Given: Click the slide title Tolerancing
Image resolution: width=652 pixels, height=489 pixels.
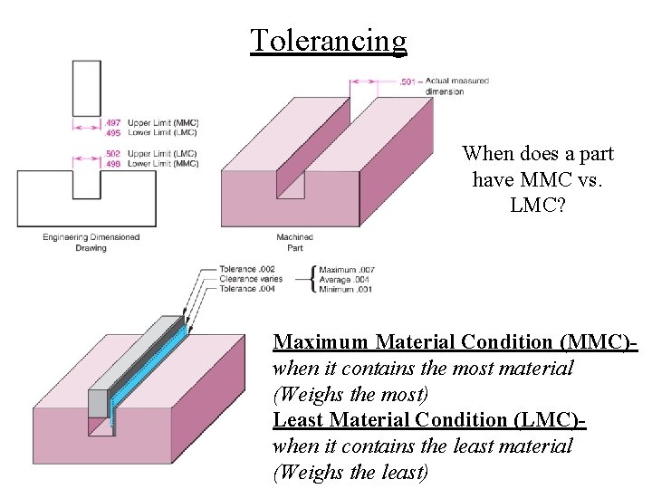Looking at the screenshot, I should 329,41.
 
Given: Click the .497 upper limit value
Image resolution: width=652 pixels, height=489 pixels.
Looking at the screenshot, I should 113,122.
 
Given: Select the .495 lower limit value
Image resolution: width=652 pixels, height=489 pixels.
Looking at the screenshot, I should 113,132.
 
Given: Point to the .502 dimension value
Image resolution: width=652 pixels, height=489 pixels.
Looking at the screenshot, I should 113,154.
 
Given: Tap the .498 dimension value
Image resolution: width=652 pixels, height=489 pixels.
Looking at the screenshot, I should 113,164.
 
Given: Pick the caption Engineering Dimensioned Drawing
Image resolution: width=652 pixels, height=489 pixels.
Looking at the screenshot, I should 91,242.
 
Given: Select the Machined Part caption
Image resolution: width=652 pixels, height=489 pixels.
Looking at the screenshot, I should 294,242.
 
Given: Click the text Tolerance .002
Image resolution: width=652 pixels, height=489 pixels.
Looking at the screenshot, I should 246,269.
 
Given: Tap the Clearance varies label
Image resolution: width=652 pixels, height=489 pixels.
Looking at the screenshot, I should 251,279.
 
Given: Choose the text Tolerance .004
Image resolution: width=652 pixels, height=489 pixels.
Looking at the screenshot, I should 246,289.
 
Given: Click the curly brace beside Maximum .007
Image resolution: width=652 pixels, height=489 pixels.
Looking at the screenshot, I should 313,279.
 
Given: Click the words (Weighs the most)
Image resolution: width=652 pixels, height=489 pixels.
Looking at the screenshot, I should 350,395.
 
